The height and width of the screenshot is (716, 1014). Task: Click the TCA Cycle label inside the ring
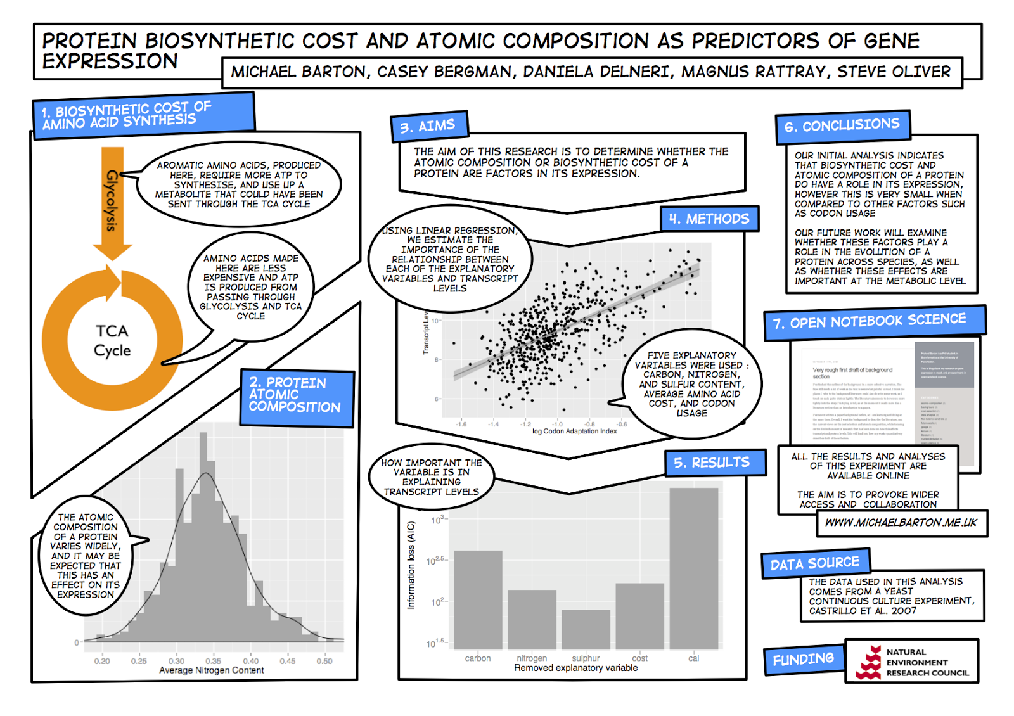(x=112, y=341)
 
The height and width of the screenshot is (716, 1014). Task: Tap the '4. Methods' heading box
(x=709, y=219)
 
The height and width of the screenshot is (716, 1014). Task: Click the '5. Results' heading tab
(x=712, y=463)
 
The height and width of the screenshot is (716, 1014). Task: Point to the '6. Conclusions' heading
(x=842, y=125)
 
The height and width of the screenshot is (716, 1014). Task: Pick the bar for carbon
(x=478, y=599)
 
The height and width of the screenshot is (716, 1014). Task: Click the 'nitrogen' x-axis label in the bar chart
(x=532, y=658)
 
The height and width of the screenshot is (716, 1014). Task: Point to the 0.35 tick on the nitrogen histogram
(x=214, y=661)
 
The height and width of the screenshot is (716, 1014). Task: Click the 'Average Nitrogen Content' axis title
(x=211, y=670)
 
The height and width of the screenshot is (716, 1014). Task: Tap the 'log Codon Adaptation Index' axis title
(x=574, y=432)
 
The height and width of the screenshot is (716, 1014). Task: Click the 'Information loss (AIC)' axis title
(x=411, y=565)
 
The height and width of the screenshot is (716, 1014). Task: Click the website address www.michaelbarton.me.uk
(x=901, y=523)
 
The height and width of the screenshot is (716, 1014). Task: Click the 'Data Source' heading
(x=814, y=563)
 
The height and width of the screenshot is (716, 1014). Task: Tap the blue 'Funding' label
(x=803, y=660)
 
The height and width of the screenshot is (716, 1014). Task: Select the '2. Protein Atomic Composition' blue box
(x=295, y=395)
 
